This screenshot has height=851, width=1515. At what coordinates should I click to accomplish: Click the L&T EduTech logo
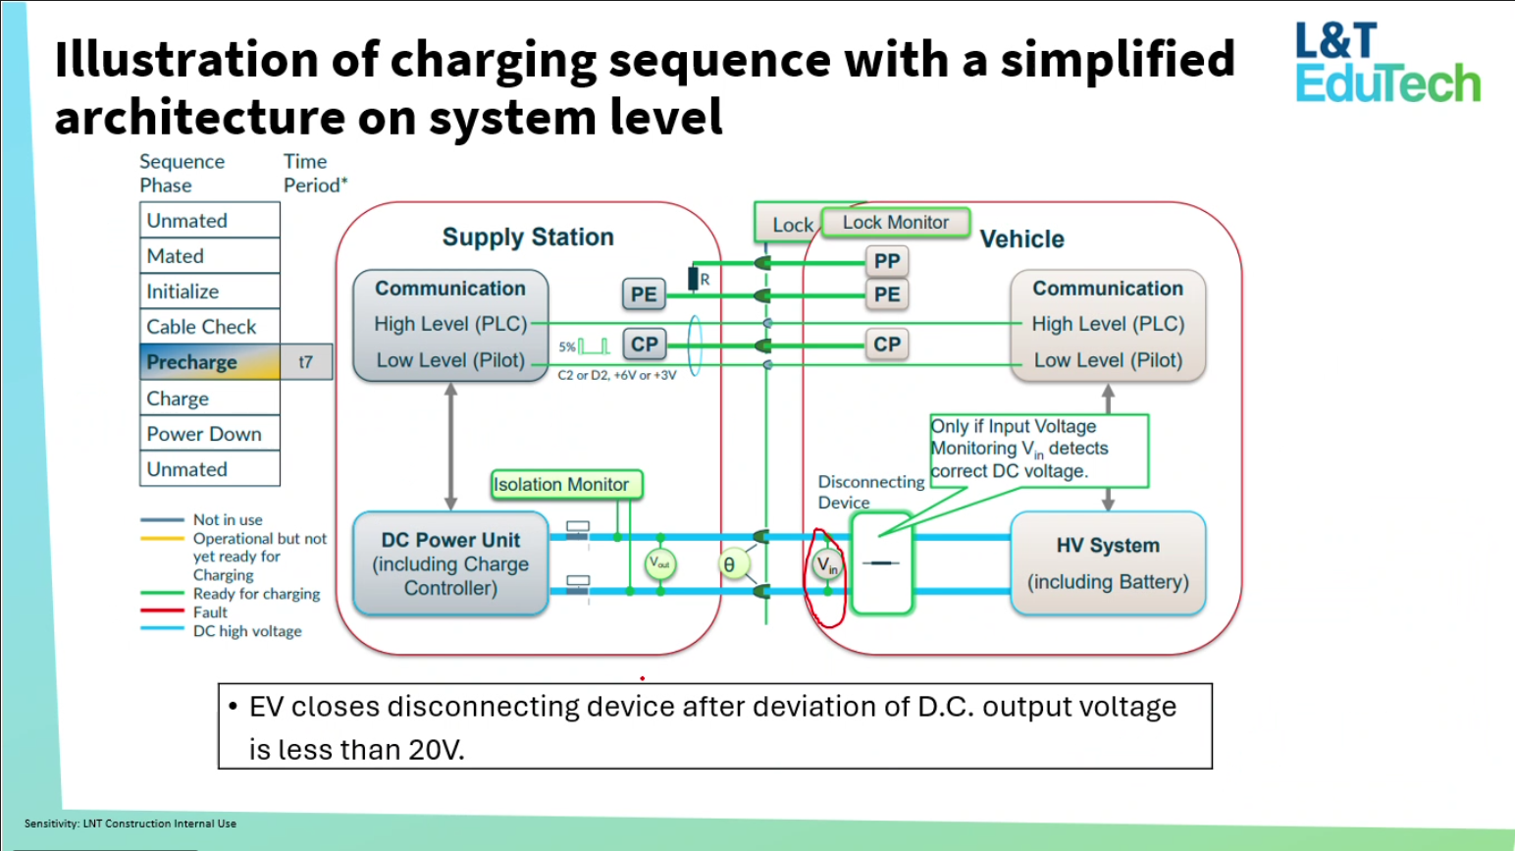pyautogui.click(x=1386, y=64)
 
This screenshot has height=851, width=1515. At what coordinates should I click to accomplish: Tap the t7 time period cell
pyautogui.click(x=306, y=362)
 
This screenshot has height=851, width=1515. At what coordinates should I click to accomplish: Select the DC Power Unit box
pyautogui.click(x=450, y=563)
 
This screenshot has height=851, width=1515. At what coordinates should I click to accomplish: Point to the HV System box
pyautogui.click(x=1108, y=563)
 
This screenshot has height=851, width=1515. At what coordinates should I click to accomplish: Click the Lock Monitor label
pyautogui.click(x=895, y=223)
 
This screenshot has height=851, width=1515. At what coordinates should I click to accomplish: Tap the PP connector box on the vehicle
pyautogui.click(x=886, y=261)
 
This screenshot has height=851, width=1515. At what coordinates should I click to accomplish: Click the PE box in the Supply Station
pyautogui.click(x=644, y=294)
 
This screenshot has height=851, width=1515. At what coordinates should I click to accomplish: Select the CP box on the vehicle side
pyautogui.click(x=886, y=345)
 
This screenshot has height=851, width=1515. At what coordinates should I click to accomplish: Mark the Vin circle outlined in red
pyautogui.click(x=827, y=565)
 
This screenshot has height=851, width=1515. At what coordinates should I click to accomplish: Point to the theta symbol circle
pyautogui.click(x=729, y=564)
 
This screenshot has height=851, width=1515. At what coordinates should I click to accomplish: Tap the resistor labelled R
pyautogui.click(x=694, y=279)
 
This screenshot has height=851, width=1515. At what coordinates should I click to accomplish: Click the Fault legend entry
pyautogui.click(x=210, y=612)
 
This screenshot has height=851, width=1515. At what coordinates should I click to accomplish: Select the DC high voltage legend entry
pyautogui.click(x=246, y=631)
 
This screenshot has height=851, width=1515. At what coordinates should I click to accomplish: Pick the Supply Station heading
pyautogui.click(x=528, y=238)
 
